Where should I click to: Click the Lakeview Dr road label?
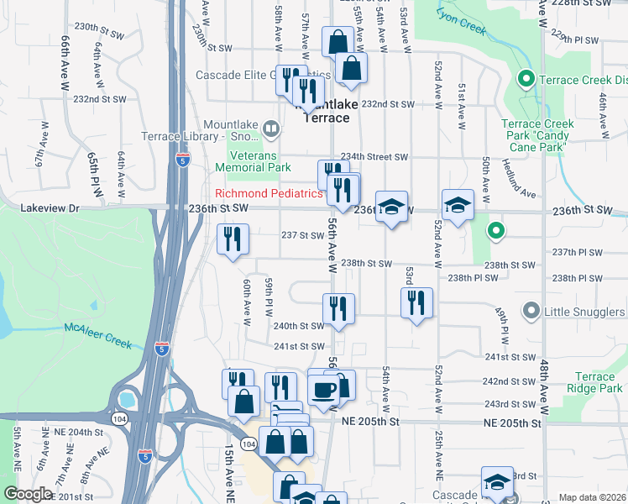pyautogui.click(x=50, y=207)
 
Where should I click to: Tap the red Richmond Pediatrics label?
pyautogui.click(x=270, y=194)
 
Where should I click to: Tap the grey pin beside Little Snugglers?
pyautogui.click(x=531, y=312)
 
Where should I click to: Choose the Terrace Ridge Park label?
pyautogui.click(x=596, y=382)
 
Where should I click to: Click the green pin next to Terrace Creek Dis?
pyautogui.click(x=526, y=81)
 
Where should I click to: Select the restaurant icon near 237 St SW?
pyautogui.click(x=232, y=239)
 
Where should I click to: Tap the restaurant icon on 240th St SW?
pyautogui.click(x=339, y=308)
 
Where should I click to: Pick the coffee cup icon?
pyautogui.click(x=323, y=389)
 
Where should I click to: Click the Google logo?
pyautogui.click(x=29, y=494)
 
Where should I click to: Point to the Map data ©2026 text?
pyautogui.click(x=592, y=497)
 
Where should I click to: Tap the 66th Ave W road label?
pyautogui.click(x=64, y=63)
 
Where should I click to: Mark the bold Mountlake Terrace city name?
pyautogui.click(x=326, y=111)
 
